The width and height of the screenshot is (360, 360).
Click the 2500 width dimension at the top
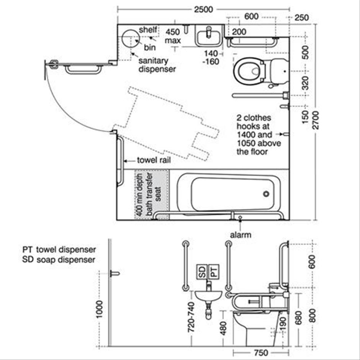[203, 10]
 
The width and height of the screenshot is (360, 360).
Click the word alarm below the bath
[240, 234]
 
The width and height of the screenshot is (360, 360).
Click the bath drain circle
[266, 194]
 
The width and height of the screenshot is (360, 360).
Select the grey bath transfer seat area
[151, 195]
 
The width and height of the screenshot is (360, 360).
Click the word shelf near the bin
[148, 29]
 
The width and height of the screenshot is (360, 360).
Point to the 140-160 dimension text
[211, 57]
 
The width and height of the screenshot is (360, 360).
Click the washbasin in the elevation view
[208, 295]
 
